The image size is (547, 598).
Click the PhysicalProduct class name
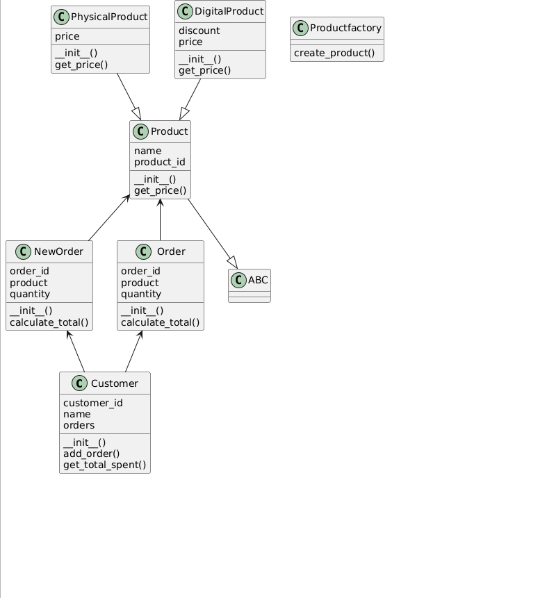[108, 16]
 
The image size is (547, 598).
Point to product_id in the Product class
[159, 162]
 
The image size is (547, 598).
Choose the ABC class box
[250, 285]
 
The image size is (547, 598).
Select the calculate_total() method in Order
[160, 322]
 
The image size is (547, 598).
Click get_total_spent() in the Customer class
[104, 465]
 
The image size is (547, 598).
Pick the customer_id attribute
[92, 403]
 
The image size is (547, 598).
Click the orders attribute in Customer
[79, 425]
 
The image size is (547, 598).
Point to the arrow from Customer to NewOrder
[76, 351]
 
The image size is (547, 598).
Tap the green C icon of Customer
[78, 383]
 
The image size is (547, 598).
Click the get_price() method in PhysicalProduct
[81, 65]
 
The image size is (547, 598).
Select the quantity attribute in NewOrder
[30, 294]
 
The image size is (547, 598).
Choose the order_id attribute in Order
[140, 271]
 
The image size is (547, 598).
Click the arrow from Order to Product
[161, 219]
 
